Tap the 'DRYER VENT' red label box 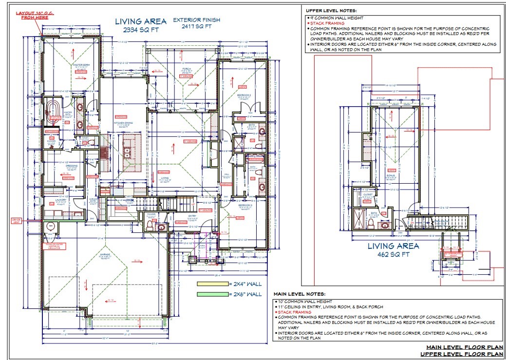[17, 221]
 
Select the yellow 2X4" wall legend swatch [212, 284]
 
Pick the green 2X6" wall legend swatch [212, 294]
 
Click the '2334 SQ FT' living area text [141, 31]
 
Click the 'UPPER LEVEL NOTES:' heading [331, 10]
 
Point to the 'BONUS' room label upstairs [391, 175]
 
